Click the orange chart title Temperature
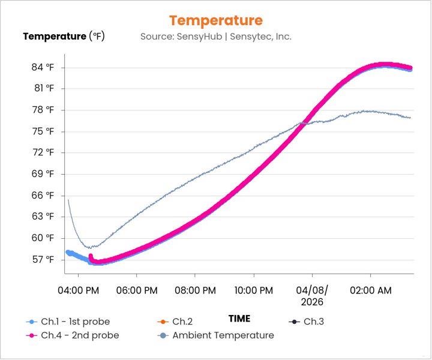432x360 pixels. point(216,20)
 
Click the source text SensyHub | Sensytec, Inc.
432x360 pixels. point(216,37)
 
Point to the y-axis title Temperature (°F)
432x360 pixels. point(64,37)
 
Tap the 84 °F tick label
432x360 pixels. point(43,67)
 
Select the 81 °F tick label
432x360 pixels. point(43,88)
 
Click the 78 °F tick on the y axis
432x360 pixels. point(43,110)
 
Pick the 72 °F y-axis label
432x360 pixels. point(43,152)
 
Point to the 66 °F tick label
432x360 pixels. point(43,195)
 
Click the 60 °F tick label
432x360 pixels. point(43,238)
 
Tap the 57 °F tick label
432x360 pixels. point(43,259)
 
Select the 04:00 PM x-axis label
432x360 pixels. point(79,290)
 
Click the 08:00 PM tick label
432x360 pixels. point(195,290)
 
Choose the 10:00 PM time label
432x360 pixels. point(253,290)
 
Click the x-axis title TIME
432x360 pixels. point(239,319)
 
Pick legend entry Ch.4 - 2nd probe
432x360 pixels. point(79,335)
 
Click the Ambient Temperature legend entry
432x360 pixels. point(223,335)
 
